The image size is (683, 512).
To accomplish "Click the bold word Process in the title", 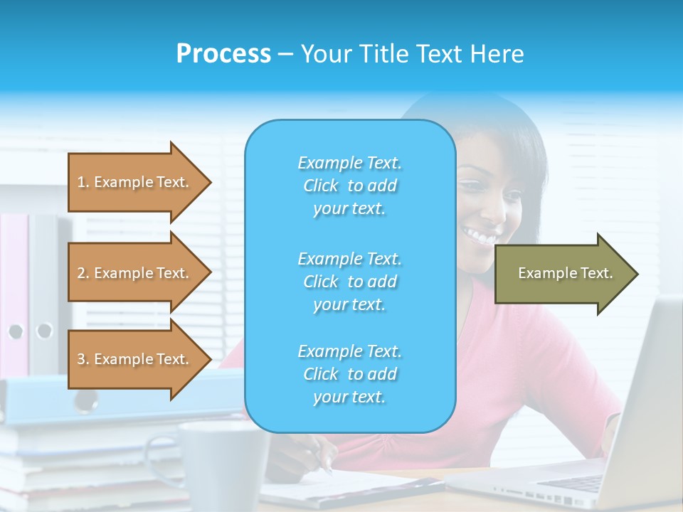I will point(223,54).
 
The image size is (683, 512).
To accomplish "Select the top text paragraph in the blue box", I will point(349,186).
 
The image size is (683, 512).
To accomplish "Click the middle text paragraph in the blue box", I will point(349,281).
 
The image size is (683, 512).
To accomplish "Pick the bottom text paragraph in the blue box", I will point(349,373).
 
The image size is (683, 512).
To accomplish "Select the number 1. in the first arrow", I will point(83,182).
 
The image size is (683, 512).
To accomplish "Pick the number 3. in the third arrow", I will point(83,359).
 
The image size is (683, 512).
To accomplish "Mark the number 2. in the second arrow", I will point(83,273).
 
